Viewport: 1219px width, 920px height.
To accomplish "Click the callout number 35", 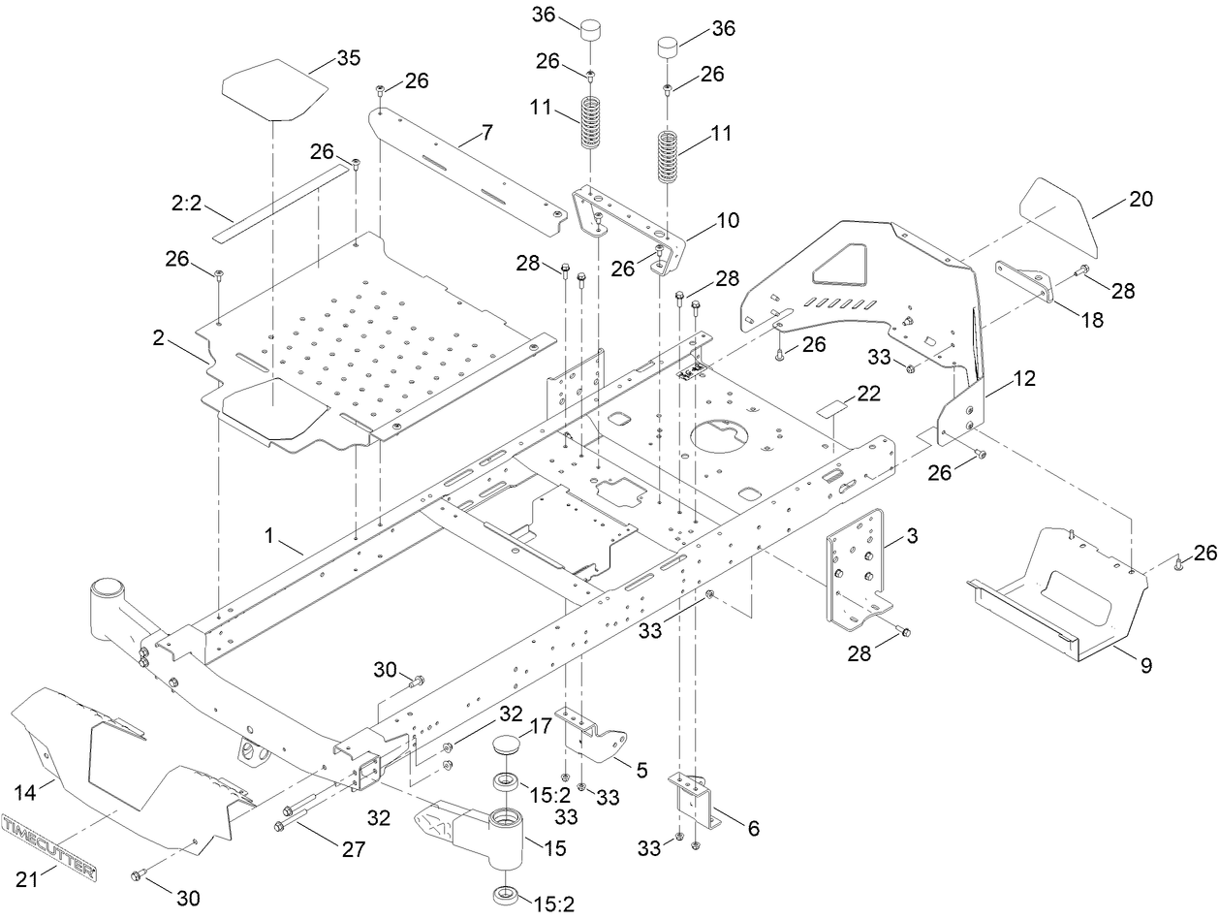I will [x=349, y=58].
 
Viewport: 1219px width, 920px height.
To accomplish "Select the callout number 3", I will [x=914, y=534].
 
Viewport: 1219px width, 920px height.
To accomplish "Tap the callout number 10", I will [x=727, y=220].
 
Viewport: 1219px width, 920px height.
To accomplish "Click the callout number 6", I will [x=753, y=829].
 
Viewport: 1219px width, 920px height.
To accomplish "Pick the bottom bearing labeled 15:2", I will [x=507, y=894].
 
